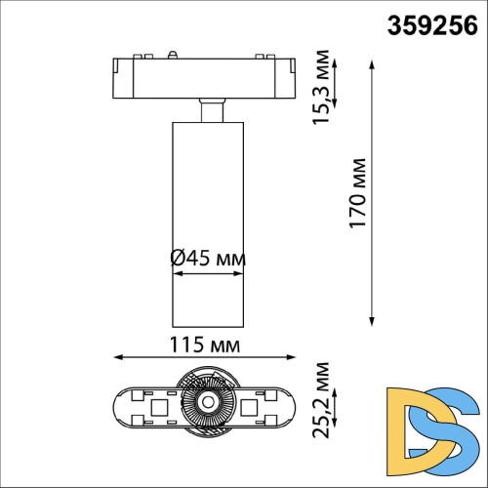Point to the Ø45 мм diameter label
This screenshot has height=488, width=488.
point(207,259)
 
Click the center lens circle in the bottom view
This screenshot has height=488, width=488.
point(207,402)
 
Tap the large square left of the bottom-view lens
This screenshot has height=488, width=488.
point(157,402)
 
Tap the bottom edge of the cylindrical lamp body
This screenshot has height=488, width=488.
point(207,326)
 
